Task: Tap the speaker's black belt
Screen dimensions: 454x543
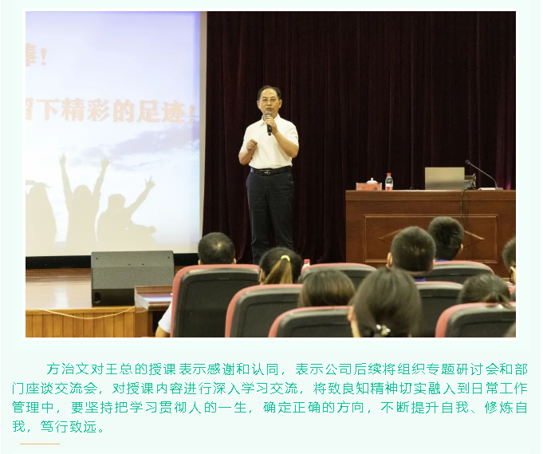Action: (270, 170)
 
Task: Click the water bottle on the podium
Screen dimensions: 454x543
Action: (389, 181)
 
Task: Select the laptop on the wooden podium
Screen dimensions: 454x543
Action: (445, 178)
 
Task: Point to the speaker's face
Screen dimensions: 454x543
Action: (269, 101)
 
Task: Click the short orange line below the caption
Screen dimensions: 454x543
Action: (40, 443)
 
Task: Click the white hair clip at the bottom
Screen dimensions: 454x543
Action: (383, 329)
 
